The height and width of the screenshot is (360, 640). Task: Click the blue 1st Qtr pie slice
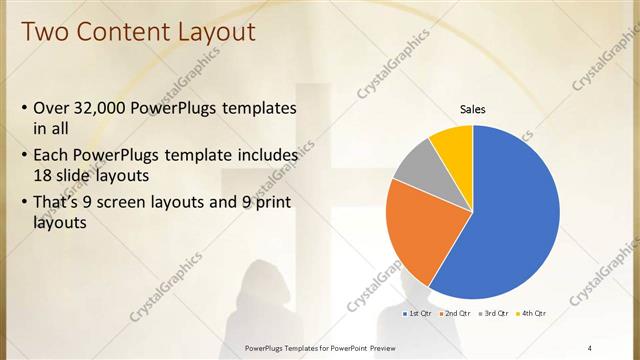click(x=510, y=215)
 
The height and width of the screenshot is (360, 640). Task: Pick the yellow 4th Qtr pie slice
click(x=454, y=144)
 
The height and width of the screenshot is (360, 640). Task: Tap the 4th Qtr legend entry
click(x=533, y=314)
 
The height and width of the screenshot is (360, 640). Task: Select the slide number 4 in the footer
click(x=590, y=347)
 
